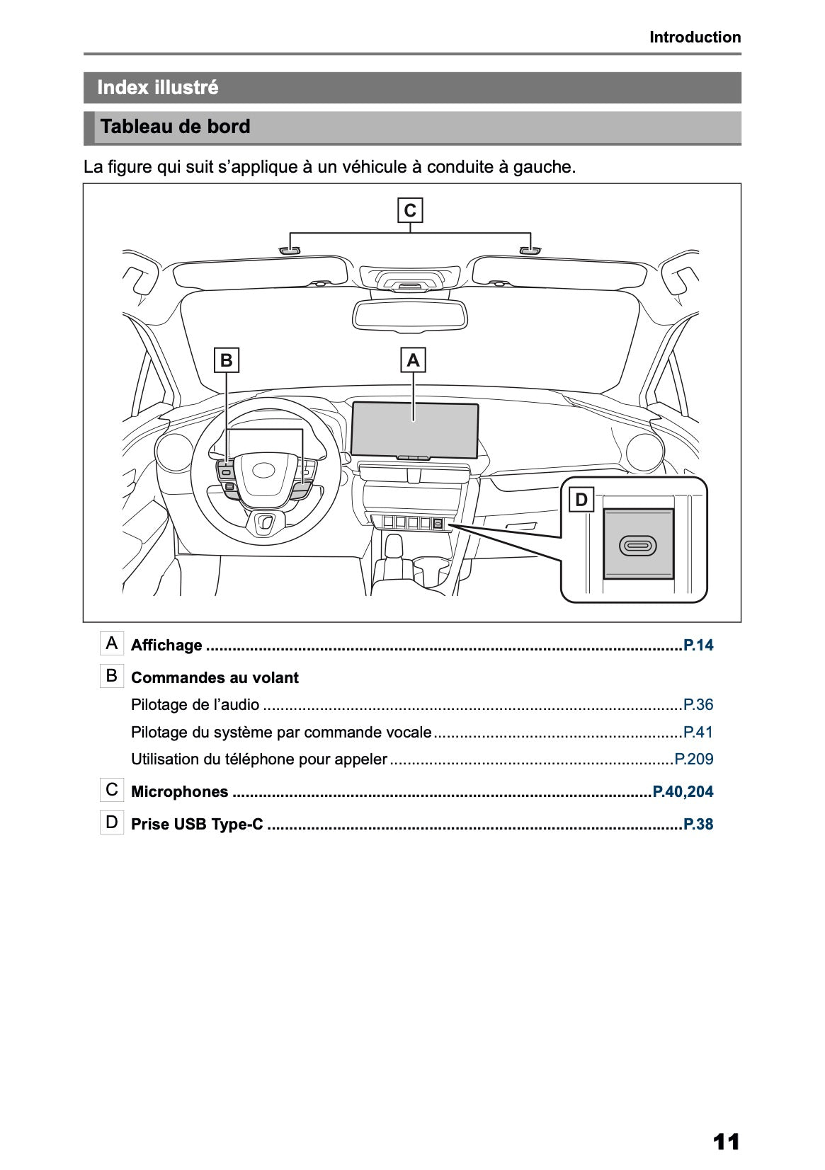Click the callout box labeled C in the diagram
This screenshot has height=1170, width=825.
tap(409, 211)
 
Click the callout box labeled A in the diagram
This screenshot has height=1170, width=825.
tap(413, 360)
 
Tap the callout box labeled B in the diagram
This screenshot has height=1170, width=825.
tap(226, 360)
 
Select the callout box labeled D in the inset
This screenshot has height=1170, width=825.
tap(581, 500)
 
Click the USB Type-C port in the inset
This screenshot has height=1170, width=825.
tap(638, 545)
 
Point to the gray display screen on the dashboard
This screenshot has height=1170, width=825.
tap(415, 430)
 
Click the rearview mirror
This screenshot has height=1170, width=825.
tap(411, 314)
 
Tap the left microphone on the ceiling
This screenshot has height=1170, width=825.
tap(289, 251)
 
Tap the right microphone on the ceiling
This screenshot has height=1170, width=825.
tap(530, 251)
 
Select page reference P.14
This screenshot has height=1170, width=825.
tap(698, 645)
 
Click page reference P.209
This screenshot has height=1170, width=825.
tap(693, 759)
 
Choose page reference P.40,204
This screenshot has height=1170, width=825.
tap(683, 792)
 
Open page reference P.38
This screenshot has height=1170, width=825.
tap(698, 825)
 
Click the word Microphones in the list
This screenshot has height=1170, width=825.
tap(180, 792)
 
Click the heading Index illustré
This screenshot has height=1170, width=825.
tap(158, 88)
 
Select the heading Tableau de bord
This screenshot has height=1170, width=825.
tap(176, 127)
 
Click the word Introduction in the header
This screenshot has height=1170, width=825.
tap(695, 38)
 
